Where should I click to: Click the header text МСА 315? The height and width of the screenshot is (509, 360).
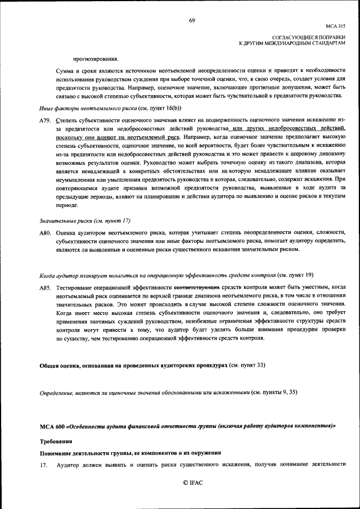coord(335,26)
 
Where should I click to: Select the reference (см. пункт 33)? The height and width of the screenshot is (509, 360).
coord(246,366)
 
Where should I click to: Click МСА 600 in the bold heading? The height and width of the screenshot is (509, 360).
coord(52,427)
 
